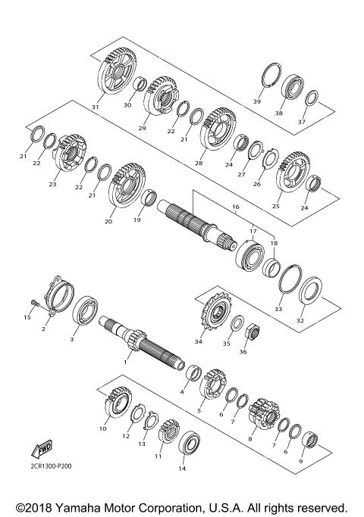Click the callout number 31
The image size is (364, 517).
96,107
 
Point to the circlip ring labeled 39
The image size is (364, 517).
268,79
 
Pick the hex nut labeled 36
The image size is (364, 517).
254,330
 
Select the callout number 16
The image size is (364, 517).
236,206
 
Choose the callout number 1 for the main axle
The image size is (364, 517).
126,363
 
